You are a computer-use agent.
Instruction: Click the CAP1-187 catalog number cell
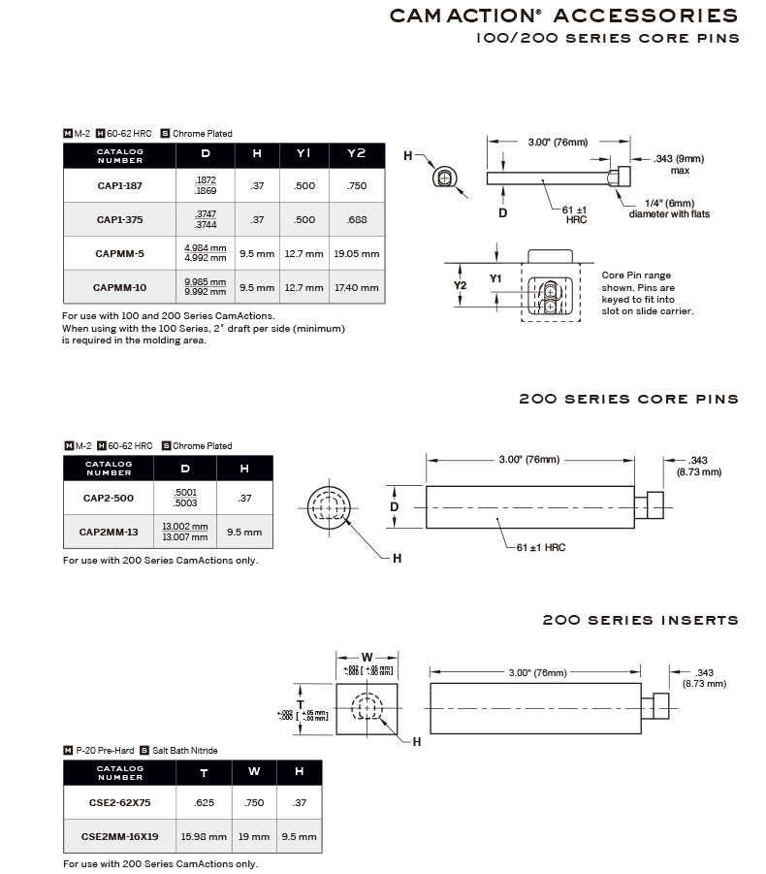click(119, 185)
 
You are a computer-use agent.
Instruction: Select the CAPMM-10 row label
click(119, 287)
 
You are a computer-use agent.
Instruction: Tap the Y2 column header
click(357, 154)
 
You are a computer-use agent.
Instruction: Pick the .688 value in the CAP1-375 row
click(357, 219)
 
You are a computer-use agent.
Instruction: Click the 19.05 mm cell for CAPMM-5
click(357, 253)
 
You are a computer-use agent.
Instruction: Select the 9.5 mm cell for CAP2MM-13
click(243, 532)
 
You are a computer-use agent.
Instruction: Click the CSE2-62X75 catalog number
click(119, 802)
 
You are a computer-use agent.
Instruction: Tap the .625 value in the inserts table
click(204, 802)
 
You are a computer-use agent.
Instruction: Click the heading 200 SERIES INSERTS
click(640, 620)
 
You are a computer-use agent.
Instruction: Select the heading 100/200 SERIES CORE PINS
click(608, 38)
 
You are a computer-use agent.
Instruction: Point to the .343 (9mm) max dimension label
click(679, 163)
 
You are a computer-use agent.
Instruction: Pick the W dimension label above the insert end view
click(367, 658)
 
